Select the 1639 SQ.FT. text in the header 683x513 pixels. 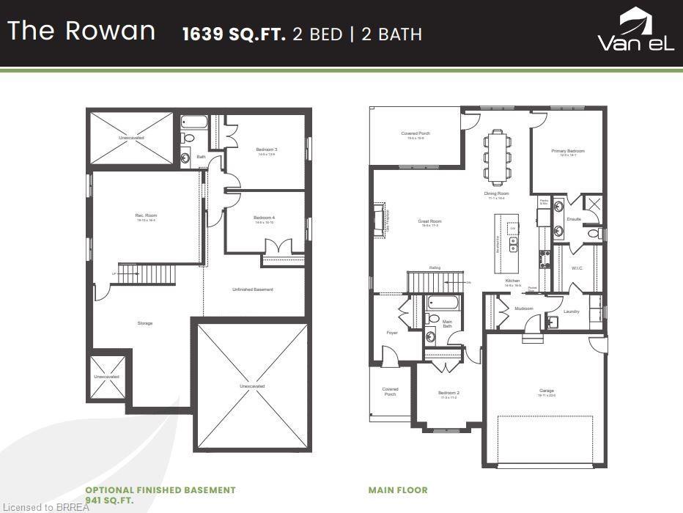pos(234,34)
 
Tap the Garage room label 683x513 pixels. pos(547,391)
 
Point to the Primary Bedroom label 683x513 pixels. pos(568,151)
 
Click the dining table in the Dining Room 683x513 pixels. pos(497,156)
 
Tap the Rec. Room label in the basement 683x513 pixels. pos(146,215)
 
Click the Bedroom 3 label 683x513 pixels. pos(266,150)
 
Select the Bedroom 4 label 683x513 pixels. pos(264,218)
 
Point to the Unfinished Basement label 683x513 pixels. pos(253,289)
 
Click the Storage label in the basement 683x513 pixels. pos(145,323)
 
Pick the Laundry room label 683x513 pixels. pos(572,311)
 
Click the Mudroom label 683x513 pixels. pos(523,309)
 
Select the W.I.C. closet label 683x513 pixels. pos(577,268)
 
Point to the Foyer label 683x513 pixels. pos(392,333)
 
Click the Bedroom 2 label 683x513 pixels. pos(448,393)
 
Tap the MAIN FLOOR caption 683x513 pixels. pos(398,490)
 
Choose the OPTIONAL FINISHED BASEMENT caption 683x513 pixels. pos(160,490)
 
